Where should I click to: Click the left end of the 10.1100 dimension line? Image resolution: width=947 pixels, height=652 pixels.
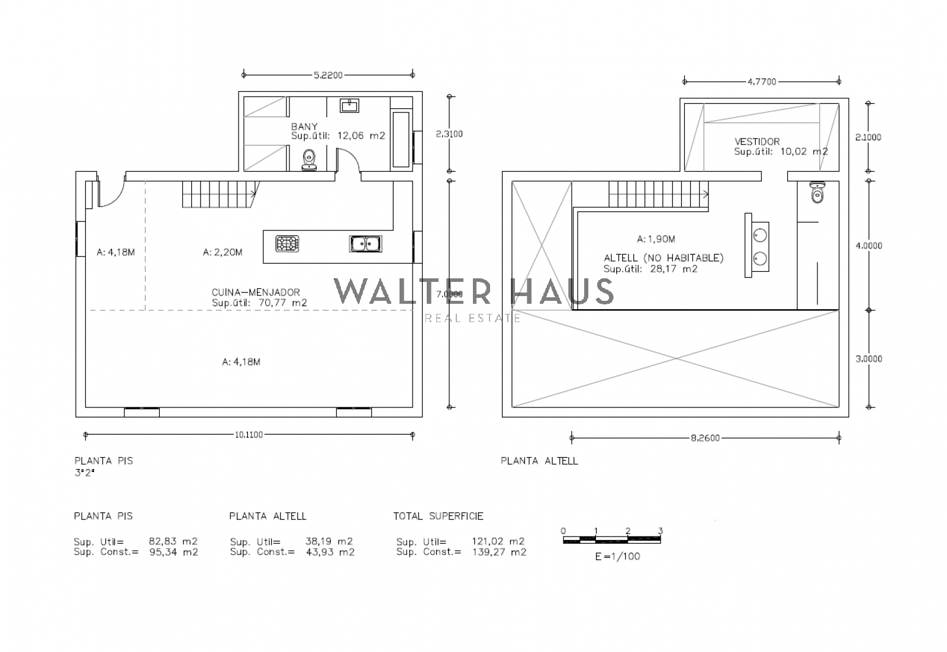click(x=86, y=435)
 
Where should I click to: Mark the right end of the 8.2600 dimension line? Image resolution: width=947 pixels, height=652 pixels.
click(x=839, y=438)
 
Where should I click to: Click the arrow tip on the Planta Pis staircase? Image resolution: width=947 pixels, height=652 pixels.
click(x=256, y=194)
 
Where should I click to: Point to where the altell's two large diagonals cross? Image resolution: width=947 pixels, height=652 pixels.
click(x=675, y=359)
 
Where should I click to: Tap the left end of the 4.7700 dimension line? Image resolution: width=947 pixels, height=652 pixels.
click(x=685, y=81)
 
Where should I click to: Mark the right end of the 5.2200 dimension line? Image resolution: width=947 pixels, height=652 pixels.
click(x=413, y=75)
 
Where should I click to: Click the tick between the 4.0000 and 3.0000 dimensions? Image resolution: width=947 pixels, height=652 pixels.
click(x=869, y=310)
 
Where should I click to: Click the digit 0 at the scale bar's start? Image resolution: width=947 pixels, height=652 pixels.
click(x=563, y=531)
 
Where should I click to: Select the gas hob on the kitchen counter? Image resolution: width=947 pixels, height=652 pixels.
click(x=288, y=244)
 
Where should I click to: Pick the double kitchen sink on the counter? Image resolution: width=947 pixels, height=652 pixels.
click(x=366, y=244)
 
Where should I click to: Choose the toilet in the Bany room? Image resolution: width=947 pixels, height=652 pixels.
click(x=309, y=160)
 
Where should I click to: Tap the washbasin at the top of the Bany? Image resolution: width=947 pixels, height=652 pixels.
click(x=350, y=105)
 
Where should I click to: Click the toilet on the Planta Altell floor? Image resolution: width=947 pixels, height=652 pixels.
click(x=817, y=192)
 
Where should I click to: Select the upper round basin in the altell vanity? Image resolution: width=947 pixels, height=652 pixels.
click(x=760, y=235)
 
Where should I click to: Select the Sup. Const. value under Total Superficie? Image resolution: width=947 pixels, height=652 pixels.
click(x=500, y=552)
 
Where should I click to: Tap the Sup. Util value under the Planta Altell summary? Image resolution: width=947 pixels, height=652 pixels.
click(x=329, y=542)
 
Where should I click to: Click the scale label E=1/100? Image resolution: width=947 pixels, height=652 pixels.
click(x=618, y=557)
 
